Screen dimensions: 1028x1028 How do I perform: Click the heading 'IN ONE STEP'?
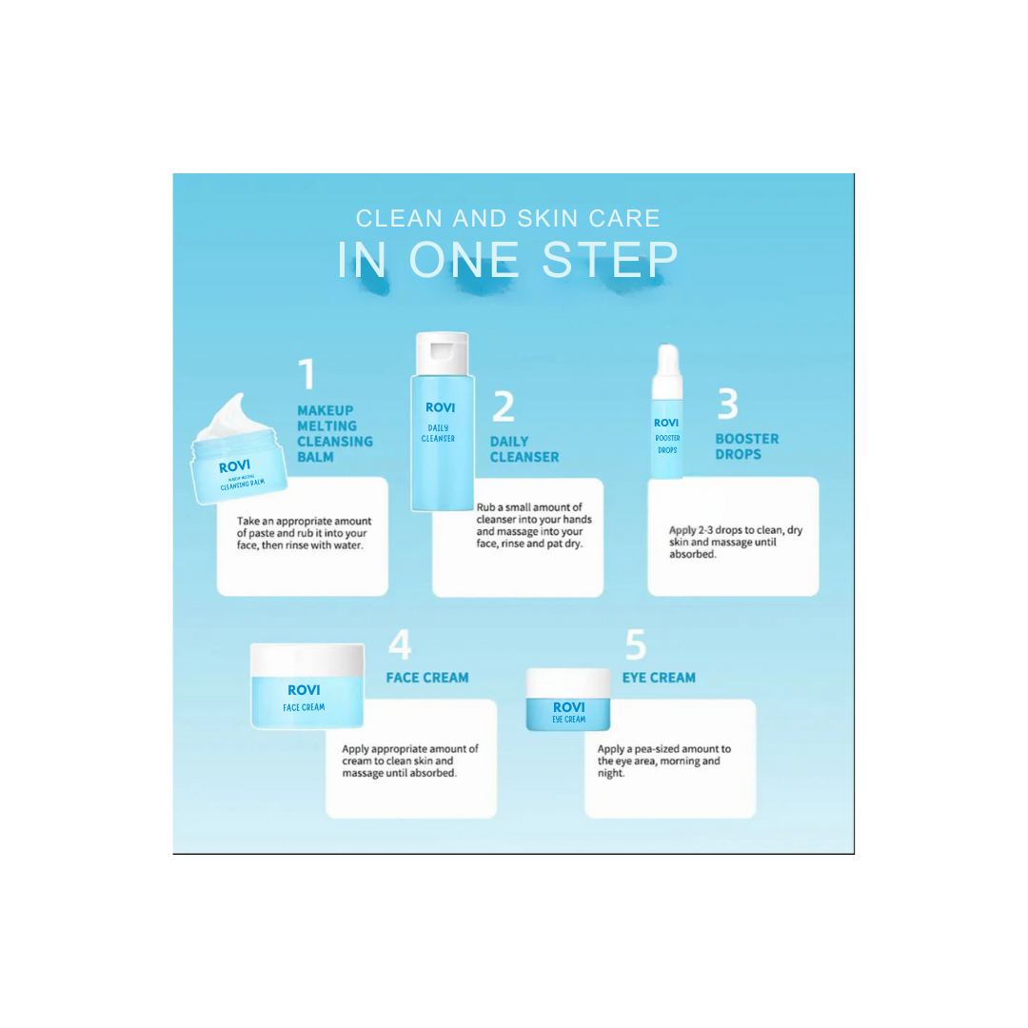click(x=508, y=260)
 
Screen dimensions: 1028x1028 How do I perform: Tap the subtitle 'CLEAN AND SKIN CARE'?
click(x=508, y=218)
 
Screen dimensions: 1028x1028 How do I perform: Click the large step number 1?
click(x=306, y=374)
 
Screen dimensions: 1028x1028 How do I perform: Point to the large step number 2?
click(x=504, y=407)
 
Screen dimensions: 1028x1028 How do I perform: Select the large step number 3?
click(x=727, y=405)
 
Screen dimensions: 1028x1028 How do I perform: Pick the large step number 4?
click(x=400, y=645)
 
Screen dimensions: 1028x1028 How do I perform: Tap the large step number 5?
click(x=636, y=645)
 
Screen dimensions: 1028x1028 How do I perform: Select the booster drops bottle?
click(x=667, y=414)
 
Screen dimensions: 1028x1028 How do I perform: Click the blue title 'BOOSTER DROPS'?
click(x=747, y=446)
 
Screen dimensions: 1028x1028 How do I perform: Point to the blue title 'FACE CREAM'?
click(x=427, y=678)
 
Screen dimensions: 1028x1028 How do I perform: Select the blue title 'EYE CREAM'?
click(x=659, y=678)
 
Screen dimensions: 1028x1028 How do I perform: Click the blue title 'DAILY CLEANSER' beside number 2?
click(x=524, y=449)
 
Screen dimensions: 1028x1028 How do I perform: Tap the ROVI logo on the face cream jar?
click(x=304, y=690)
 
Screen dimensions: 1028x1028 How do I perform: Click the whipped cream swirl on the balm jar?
click(x=226, y=417)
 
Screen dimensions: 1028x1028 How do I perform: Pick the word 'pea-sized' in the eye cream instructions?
click(x=663, y=749)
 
